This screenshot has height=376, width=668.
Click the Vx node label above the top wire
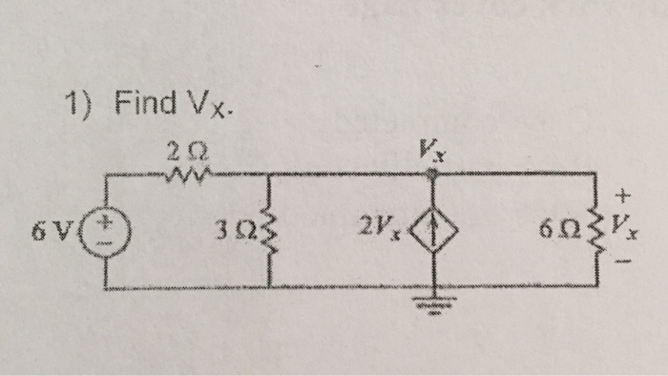[x=433, y=148]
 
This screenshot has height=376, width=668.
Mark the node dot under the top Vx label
[x=435, y=171]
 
